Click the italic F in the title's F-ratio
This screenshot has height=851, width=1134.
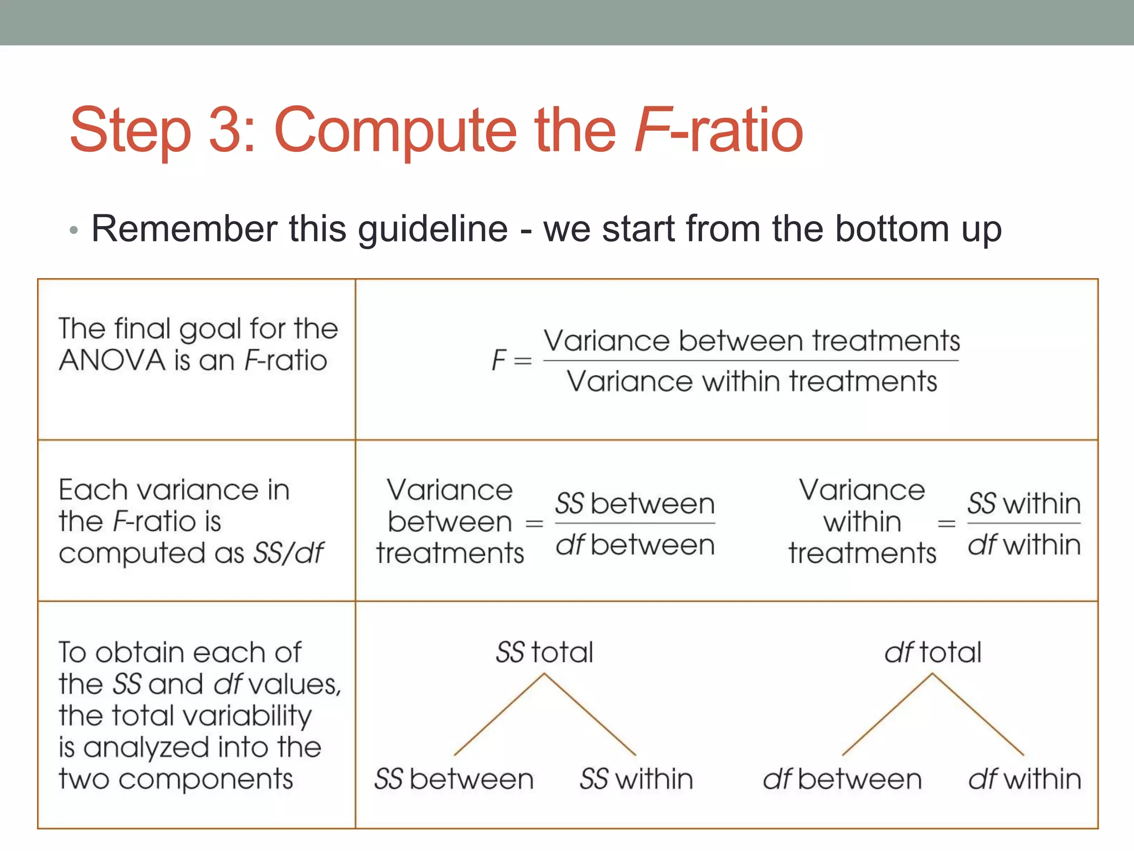click(651, 130)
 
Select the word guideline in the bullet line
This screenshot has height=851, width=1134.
click(432, 229)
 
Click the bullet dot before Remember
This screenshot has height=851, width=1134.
click(74, 230)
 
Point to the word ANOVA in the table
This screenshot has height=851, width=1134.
click(112, 361)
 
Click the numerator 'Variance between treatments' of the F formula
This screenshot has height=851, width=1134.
click(751, 340)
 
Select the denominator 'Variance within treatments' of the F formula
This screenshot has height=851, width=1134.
click(751, 382)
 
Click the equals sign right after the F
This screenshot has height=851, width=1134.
click(522, 361)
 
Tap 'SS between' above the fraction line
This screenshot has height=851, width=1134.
click(635, 504)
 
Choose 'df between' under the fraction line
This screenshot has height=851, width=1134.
click(635, 545)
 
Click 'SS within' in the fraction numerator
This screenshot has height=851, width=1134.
click(1024, 504)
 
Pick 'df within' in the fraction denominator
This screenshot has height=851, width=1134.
click(1024, 545)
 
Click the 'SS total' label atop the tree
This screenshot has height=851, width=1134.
click(544, 652)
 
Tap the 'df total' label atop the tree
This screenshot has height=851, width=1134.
click(932, 652)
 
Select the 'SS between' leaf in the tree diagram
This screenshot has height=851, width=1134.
click(453, 779)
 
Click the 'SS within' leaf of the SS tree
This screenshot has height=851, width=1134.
click(636, 779)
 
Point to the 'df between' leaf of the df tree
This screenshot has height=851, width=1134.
click(842, 779)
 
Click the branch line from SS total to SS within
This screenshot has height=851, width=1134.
click(590, 715)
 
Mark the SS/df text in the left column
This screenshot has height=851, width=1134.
click(288, 553)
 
